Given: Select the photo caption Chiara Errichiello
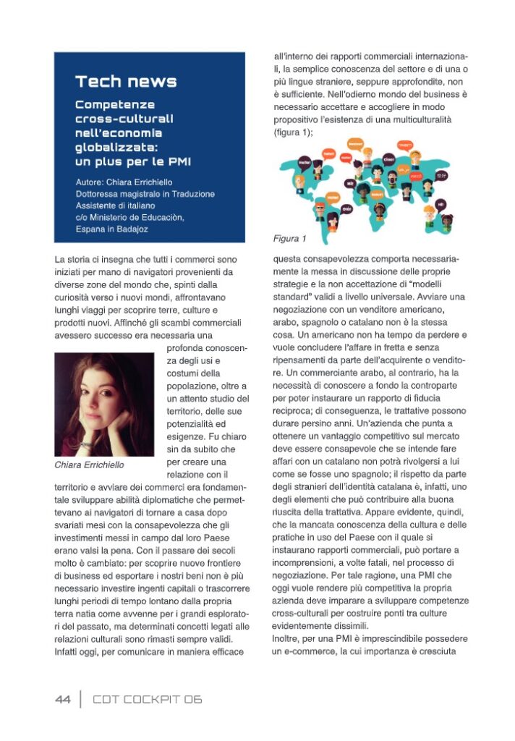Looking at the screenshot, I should [x=90, y=465].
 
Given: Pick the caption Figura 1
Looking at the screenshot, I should [x=289, y=239].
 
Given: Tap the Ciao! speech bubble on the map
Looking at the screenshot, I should [x=388, y=159].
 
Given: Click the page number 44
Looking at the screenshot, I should [x=63, y=699].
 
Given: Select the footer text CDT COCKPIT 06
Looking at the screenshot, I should [x=147, y=699].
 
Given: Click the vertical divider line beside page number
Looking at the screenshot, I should [x=80, y=699].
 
